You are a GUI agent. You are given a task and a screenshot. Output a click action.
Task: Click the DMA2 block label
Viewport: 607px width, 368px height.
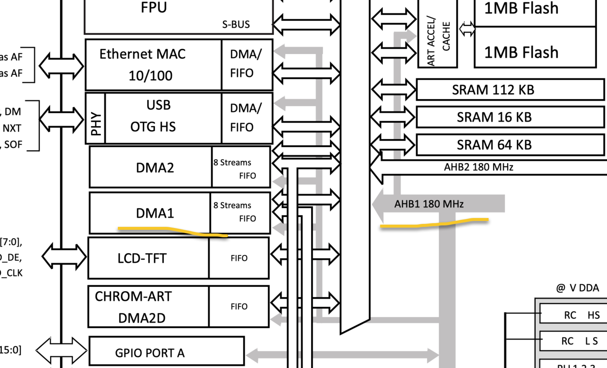pos(155,168)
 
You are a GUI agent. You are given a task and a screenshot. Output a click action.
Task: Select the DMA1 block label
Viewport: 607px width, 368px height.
pos(155,213)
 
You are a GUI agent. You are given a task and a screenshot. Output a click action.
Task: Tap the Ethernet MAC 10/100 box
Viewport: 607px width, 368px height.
pos(143,65)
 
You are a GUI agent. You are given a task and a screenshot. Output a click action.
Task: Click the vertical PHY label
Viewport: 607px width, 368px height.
pos(96,123)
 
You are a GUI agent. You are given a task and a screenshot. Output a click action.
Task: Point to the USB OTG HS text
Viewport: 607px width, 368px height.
pos(154,116)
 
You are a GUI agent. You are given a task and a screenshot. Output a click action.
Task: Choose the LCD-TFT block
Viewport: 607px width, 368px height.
pos(142,258)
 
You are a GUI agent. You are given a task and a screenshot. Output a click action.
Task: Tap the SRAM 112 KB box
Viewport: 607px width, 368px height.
pos(493,90)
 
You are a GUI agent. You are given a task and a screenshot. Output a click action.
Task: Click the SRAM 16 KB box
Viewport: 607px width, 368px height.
pos(494,117)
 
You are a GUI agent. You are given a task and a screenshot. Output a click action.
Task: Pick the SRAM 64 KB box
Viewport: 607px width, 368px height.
pos(494,145)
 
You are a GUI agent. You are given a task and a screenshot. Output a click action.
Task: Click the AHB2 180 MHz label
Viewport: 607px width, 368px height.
pos(478,167)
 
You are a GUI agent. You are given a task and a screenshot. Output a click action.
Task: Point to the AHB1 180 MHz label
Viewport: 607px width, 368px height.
pos(429,204)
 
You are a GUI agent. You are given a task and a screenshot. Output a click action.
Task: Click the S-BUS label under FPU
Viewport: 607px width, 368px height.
pos(236,24)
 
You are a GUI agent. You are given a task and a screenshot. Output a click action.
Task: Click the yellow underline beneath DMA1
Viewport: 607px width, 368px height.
pos(174,231)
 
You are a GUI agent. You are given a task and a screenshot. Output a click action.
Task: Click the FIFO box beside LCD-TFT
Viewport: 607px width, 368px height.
pos(239,258)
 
